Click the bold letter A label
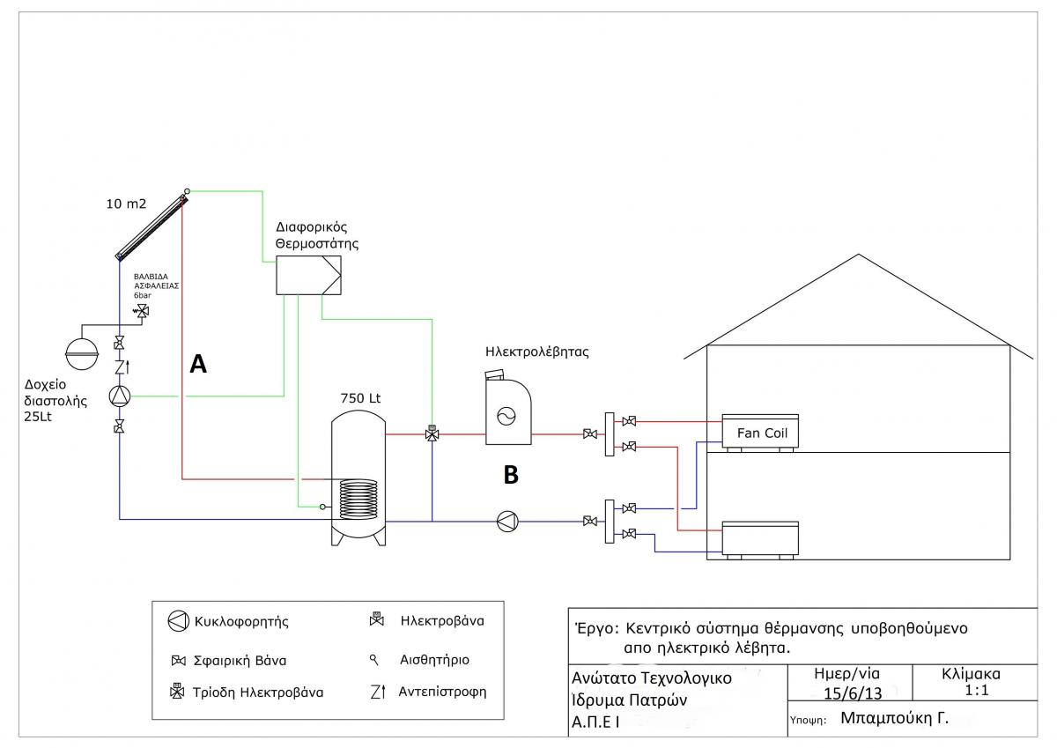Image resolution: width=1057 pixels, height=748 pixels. [198, 363]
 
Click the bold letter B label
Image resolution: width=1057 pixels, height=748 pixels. [511, 475]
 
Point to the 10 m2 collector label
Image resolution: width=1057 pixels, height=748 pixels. [126, 205]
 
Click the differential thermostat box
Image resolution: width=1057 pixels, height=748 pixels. [308, 276]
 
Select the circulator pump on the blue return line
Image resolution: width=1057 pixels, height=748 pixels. [507, 521]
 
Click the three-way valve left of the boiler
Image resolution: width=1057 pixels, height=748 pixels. [432, 433]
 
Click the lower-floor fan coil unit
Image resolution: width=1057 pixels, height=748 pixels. [759, 538]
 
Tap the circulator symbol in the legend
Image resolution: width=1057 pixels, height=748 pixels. [178, 621]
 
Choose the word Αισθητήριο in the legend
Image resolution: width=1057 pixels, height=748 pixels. [434, 659]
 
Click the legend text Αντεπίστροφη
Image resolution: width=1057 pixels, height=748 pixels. [442, 691]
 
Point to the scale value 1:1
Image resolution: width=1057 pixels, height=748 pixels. [977, 691]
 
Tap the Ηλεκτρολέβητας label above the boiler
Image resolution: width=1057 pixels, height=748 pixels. [536, 352]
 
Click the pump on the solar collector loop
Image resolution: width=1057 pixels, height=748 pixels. [119, 396]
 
